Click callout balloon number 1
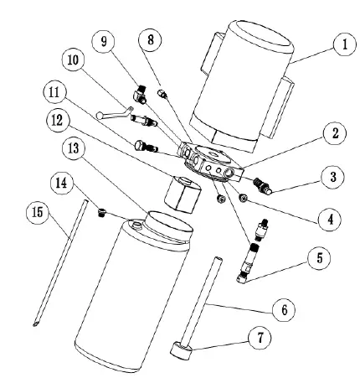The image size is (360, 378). tap(345, 44)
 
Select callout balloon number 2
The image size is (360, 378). tap(335, 133)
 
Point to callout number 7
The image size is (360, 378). tap(260, 338)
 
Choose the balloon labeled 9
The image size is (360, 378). tap(104, 42)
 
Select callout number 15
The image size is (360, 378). tap(38, 212)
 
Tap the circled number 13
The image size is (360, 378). tap(74, 148)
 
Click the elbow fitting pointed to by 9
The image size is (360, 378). tap(140, 95)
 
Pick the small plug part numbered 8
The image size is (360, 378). tap(162, 93)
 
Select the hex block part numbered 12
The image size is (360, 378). tap(183, 194)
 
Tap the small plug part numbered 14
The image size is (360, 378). tap(102, 213)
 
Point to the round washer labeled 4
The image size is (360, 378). tap(244, 198)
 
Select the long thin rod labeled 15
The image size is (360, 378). tap(60, 262)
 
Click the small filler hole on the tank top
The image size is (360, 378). tap(136, 224)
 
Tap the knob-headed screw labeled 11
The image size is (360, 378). tap(146, 147)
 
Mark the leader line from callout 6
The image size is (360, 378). tap(240, 307)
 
